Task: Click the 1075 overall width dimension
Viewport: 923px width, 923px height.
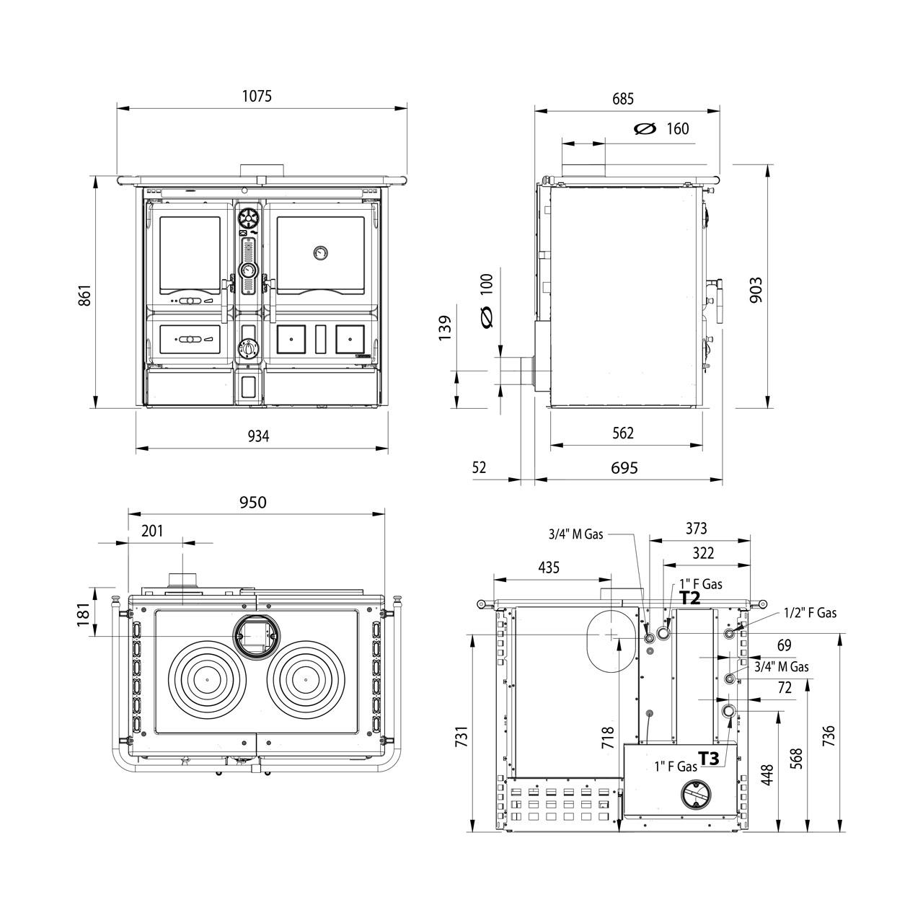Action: coord(257,97)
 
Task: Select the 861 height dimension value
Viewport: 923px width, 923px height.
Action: coord(84,296)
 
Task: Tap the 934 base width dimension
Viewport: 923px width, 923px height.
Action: coord(258,436)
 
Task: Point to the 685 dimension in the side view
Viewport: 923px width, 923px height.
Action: coord(623,99)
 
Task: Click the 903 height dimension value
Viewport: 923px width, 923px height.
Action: coord(756,290)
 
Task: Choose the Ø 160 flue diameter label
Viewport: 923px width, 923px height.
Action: coord(661,128)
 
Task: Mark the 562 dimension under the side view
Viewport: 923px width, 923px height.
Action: coord(623,433)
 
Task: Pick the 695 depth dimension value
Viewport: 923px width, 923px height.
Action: coord(624,467)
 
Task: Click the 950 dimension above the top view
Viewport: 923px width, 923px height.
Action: coord(253,502)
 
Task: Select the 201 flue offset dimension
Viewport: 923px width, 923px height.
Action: coord(152,531)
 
